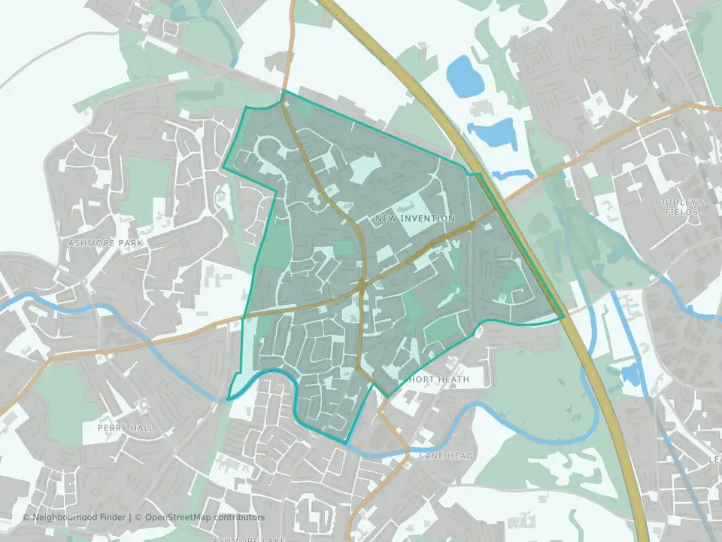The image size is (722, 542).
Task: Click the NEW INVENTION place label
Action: point(414,218)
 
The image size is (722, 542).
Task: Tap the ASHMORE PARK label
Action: point(105,244)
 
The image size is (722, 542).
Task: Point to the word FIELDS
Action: point(681,212)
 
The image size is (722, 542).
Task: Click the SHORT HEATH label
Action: point(436,379)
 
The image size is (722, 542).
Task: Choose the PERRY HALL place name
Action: point(126,428)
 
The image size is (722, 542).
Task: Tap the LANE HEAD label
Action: point(446,456)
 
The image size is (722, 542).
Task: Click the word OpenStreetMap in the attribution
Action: point(178,517)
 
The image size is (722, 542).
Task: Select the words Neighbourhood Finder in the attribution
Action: point(79,517)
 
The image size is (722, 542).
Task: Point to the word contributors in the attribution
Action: point(238,517)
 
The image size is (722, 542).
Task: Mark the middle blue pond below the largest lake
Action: point(493,133)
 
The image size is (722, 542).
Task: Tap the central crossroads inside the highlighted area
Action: point(363,285)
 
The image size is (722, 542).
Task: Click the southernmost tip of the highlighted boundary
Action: point(346,442)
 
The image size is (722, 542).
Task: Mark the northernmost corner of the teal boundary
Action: point(283,91)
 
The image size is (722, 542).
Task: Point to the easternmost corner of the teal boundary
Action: point(563,317)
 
